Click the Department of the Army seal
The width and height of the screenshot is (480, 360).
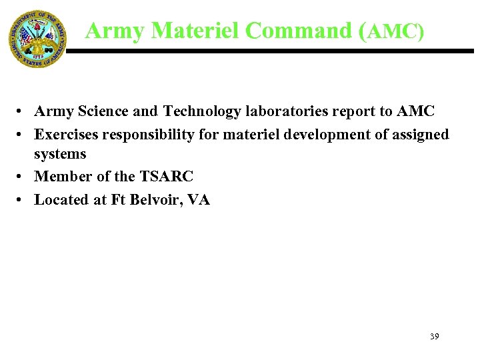[37, 38]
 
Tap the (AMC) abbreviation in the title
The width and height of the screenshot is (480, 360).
[391, 31]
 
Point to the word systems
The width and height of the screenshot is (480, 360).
[60, 154]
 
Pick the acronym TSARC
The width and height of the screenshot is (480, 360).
[166, 177]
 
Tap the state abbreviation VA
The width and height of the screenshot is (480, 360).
[199, 199]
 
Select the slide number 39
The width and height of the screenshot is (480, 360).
[434, 337]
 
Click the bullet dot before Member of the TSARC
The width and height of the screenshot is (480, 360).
[22, 177]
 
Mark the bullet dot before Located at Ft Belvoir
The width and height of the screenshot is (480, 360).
[22, 200]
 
